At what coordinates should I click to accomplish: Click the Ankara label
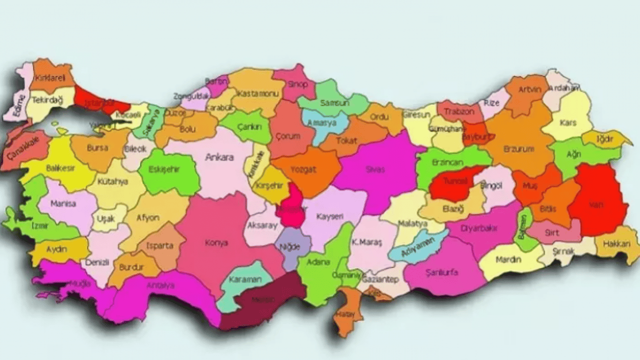(219, 157)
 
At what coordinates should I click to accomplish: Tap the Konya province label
(216, 243)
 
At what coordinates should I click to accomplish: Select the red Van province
(598, 200)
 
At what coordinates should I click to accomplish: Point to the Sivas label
(375, 169)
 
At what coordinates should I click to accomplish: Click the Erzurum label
(520, 149)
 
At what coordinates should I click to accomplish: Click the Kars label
(568, 122)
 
